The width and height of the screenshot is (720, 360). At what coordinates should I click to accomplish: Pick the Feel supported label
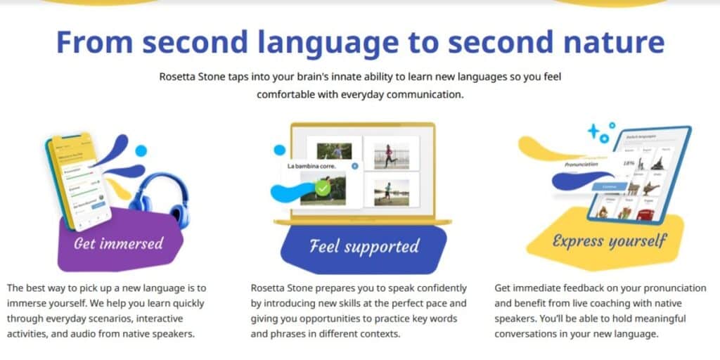[x=364, y=245]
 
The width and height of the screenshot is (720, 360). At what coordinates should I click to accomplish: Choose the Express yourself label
[x=609, y=241]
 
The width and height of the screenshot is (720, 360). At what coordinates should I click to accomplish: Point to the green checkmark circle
[x=323, y=188]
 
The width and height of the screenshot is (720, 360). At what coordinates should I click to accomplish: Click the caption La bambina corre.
[x=311, y=166]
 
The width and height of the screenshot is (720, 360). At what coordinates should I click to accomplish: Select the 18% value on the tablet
[x=629, y=162]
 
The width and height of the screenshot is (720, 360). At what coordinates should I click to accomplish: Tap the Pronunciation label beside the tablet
[x=581, y=165]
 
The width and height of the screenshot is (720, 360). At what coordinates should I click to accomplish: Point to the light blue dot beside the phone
[x=141, y=150]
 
